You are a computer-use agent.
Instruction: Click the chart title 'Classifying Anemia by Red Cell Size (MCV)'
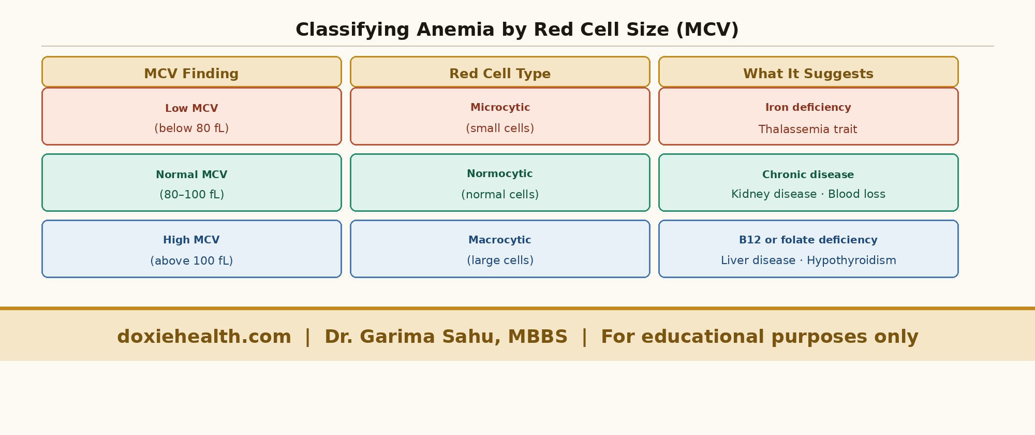pos(517,30)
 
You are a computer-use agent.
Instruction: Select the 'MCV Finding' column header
pos(191,74)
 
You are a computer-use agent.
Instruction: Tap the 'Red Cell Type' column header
pos(500,74)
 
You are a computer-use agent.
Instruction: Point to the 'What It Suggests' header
pos(808,74)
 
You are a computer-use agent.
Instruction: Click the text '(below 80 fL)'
pos(191,128)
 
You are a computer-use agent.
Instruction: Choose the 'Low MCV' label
pos(191,108)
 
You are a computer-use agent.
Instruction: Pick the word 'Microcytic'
pos(500,107)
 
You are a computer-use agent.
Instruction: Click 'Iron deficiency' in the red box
pos(808,107)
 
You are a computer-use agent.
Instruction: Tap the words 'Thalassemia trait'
pos(808,129)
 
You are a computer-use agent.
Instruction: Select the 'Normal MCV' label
pos(191,175)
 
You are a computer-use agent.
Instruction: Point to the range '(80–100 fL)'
pos(191,195)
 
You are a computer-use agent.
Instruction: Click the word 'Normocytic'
pos(500,173)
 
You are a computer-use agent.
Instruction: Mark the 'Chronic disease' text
pos(808,175)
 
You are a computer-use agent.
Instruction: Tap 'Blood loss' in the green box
pos(856,194)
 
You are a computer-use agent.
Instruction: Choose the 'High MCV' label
pos(191,240)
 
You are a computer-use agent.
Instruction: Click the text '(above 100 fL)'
pos(191,261)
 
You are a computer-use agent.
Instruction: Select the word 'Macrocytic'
pos(500,240)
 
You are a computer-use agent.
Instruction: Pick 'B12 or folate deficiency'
pos(808,240)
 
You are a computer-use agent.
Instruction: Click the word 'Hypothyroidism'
pos(851,260)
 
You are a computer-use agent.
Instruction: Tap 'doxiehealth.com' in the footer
pos(204,337)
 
